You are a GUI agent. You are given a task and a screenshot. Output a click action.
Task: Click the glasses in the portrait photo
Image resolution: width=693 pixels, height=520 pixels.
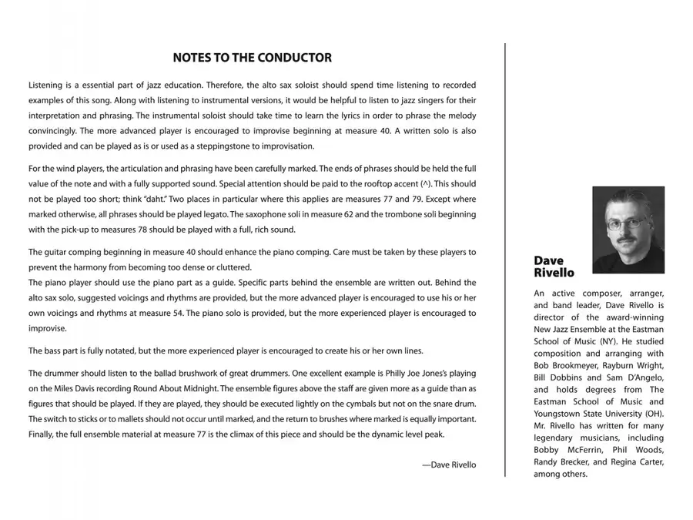(x=625, y=225)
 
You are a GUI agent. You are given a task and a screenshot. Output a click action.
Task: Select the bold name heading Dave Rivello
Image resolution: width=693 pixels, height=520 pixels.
(x=554, y=267)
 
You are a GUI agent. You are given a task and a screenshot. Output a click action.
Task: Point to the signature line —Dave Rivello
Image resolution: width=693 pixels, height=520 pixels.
(x=449, y=465)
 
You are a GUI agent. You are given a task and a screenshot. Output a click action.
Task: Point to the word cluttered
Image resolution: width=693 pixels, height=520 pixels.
(x=233, y=267)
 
